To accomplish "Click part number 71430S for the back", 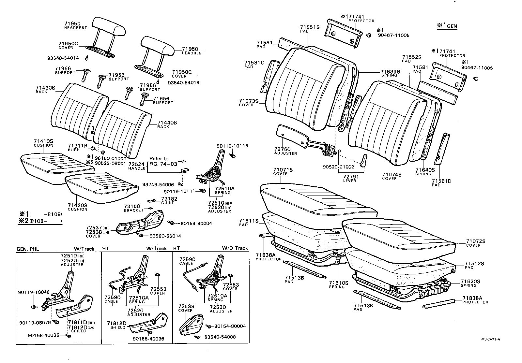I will point(45,88).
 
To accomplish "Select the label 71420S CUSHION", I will point(77,205).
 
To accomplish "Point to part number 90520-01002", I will point(338,167).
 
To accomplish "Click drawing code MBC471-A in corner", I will point(490,339).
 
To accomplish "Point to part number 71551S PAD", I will point(310,27).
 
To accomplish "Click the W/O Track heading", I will point(235,248).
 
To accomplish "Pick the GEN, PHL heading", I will point(28,249).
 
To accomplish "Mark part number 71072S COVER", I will point(475,241).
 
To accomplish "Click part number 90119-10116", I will point(232,146).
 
